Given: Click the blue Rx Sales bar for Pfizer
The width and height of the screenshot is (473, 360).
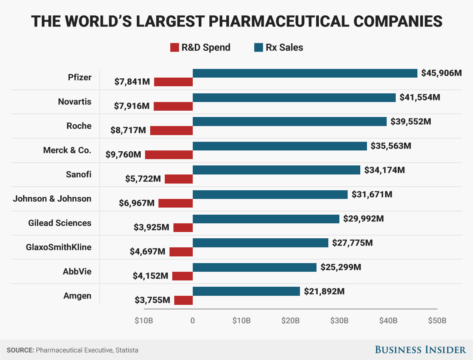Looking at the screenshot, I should click(305, 73).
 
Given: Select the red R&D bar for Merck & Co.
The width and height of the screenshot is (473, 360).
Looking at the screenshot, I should click(169, 155).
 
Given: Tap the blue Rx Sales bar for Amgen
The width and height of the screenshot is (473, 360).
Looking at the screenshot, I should click(246, 291).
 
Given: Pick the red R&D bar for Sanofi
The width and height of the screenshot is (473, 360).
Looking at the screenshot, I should click(179, 179).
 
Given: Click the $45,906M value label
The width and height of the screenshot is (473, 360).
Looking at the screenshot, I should click(441, 73).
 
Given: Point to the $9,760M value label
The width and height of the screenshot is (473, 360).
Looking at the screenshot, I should click(123, 155).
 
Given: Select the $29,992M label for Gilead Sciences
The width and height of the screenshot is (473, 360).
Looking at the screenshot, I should click(363, 219).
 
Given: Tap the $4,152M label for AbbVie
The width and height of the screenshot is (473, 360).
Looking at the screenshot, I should click(151, 276).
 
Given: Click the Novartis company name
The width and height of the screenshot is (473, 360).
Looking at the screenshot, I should click(74, 102).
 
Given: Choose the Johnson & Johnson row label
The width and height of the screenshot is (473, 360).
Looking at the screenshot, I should click(52, 199).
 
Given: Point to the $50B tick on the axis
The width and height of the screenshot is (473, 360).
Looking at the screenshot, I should click(437, 320).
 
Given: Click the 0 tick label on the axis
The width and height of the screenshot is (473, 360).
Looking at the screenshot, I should click(193, 320).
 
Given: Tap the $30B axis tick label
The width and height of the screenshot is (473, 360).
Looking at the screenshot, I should click(339, 320).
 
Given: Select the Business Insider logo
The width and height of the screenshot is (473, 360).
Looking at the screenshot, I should click(420, 349).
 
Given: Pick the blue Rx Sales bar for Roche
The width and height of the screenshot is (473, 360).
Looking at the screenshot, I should click(289, 122).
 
